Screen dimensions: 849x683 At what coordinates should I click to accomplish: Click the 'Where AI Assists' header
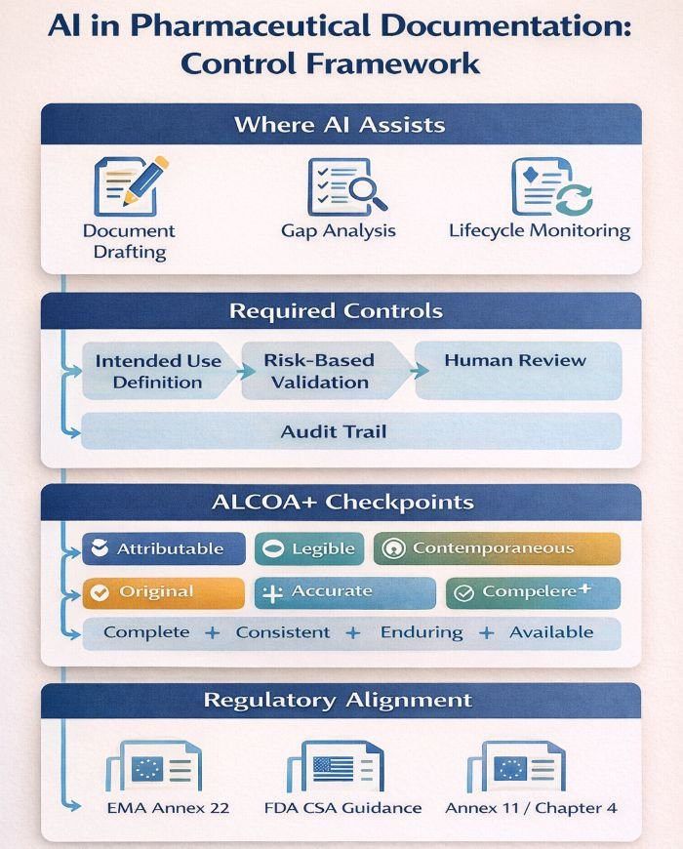coord(341,125)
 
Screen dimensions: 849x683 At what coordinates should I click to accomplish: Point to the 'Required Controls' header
coord(341,312)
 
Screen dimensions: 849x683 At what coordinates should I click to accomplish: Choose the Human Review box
coord(517,370)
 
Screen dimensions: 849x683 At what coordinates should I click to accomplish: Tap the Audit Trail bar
coord(349,430)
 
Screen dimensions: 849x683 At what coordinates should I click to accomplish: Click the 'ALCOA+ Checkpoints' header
coord(341,503)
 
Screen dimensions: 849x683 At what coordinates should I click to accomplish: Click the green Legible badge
coord(309,548)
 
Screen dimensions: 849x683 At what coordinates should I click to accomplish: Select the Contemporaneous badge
coord(497,548)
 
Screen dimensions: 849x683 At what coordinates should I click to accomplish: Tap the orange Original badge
coord(163,592)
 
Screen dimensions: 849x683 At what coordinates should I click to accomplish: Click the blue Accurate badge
coord(331,592)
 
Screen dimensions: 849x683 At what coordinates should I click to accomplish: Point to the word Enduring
coord(422,632)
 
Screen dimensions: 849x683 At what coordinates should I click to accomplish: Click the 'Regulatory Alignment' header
coord(341,700)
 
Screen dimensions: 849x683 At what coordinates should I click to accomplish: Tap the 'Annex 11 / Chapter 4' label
coord(531,808)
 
